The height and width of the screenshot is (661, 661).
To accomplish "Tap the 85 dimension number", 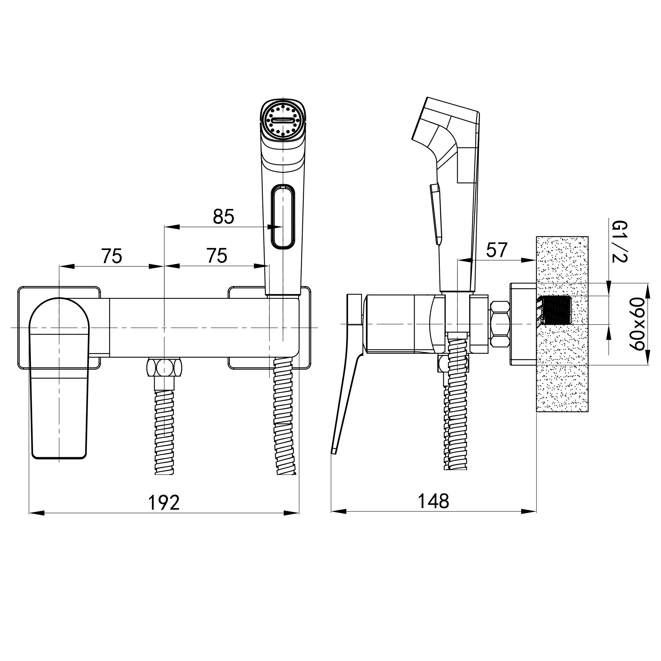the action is click(223, 216).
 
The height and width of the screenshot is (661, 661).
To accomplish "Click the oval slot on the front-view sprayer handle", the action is click(283, 216).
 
